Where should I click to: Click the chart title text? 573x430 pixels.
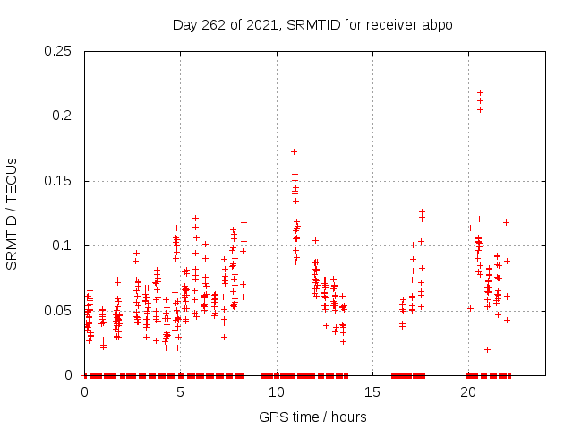pos(312,24)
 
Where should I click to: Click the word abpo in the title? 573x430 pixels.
pos(438,24)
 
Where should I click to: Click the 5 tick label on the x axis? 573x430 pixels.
pos(180,391)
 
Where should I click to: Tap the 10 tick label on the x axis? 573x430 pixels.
pos(276,391)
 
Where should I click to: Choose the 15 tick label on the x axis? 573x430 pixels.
pos(372,391)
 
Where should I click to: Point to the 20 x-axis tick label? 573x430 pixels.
pos(467,391)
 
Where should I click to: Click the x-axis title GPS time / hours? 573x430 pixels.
pos(312,417)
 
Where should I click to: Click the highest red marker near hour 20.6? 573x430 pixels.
pos(480,92)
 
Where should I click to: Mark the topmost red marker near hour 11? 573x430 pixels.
pos(294,151)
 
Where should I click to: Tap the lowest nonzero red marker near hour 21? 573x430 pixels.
pos(487,349)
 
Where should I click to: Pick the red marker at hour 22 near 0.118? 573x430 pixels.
pos(506,222)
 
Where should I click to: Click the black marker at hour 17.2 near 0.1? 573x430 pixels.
pos(413,245)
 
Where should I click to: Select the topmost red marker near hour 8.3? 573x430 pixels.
pos(244,202)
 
